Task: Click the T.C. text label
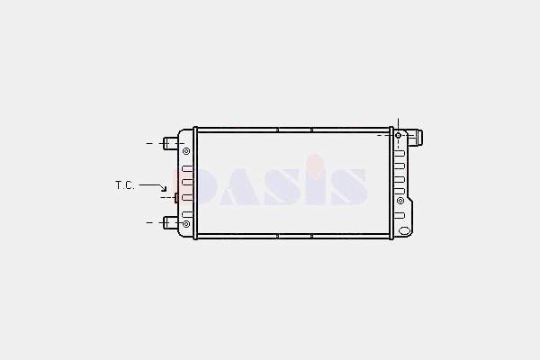point(125,185)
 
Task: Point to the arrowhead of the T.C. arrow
point(165,188)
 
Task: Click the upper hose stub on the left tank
point(170,143)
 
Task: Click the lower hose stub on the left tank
point(170,222)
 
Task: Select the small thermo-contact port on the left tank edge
point(176,198)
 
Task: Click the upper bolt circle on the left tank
point(186,151)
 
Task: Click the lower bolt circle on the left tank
point(186,224)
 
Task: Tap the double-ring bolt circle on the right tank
point(400,201)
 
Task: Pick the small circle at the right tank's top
point(398,135)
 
